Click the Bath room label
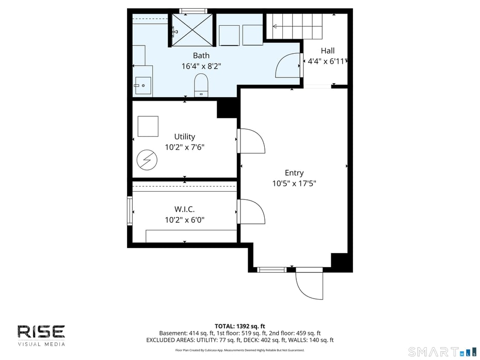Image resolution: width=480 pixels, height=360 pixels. [x=201, y=55]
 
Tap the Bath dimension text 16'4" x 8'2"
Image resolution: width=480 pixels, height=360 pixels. [x=201, y=66]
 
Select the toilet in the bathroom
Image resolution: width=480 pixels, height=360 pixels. [x=201, y=85]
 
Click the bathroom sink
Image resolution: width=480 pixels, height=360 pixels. [x=142, y=86]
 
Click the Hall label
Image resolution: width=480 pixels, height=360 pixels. [x=327, y=51]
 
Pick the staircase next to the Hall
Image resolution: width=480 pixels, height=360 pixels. [x=294, y=26]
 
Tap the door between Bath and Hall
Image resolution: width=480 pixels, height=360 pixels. [x=289, y=65]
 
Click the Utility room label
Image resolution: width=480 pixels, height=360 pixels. [x=184, y=136]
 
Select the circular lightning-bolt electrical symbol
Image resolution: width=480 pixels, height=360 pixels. [x=147, y=160]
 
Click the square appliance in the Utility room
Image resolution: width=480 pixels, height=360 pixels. [x=148, y=126]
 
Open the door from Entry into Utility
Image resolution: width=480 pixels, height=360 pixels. [x=251, y=141]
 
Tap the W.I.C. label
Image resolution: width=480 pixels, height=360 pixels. [x=184, y=209]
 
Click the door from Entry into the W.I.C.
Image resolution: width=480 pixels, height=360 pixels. [x=251, y=212]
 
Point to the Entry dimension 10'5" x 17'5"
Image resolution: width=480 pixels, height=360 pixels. [x=294, y=183]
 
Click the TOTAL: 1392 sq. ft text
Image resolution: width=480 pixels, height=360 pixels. [x=239, y=326]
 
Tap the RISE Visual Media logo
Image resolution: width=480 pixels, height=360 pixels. [x=41, y=335]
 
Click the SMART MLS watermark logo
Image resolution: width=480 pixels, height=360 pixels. [x=442, y=352]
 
